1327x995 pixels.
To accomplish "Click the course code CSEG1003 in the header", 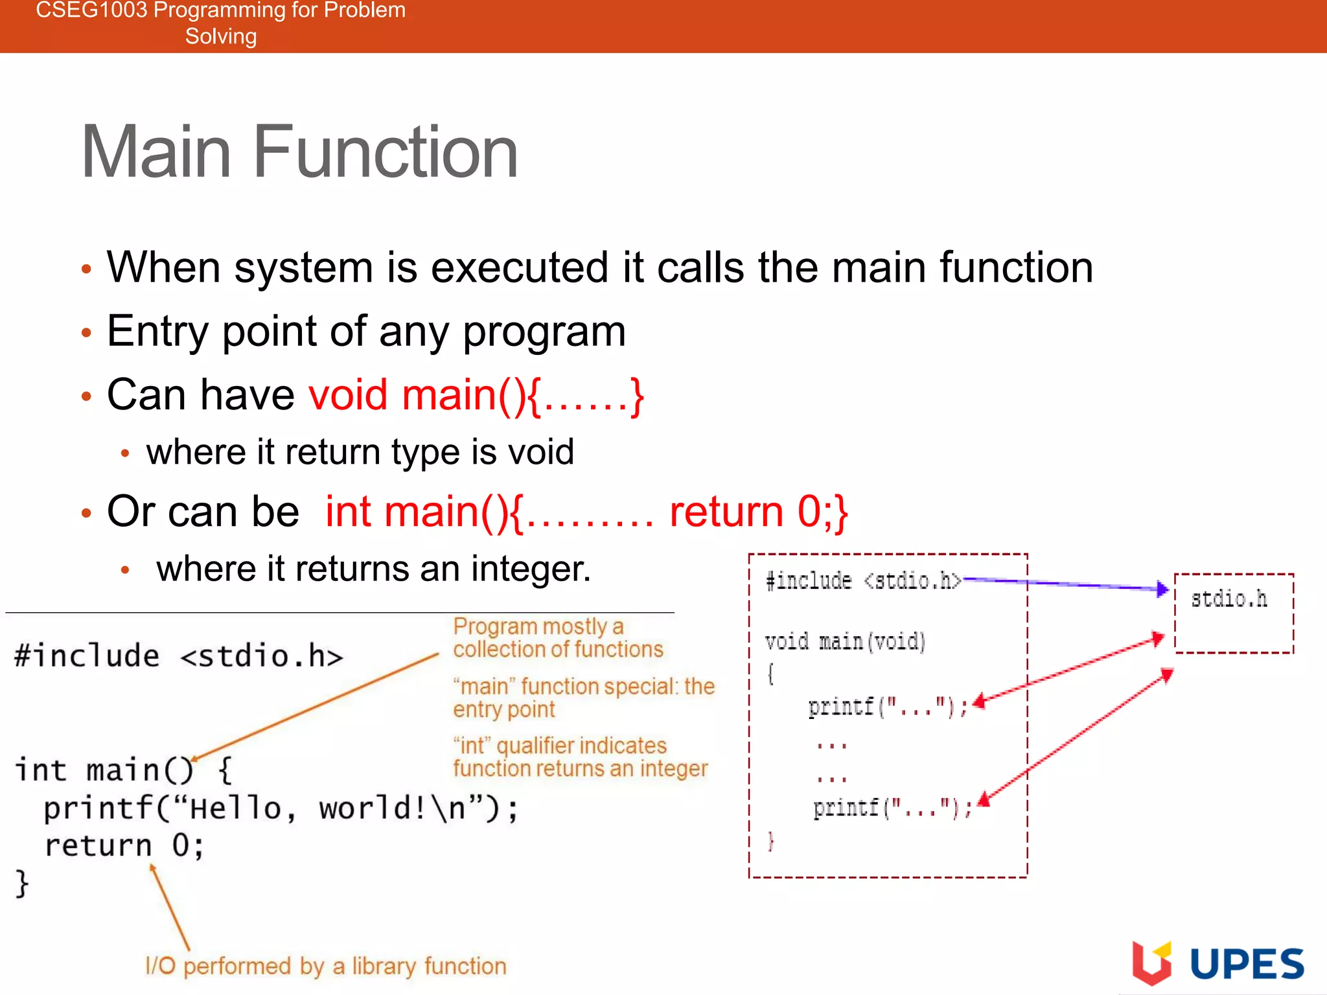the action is click(x=91, y=10).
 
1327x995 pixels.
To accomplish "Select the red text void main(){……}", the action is click(x=476, y=395).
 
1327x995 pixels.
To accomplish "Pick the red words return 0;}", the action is click(x=758, y=512).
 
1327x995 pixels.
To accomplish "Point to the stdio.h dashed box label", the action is click(x=1229, y=599).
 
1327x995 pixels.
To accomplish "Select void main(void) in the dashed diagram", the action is click(x=845, y=641).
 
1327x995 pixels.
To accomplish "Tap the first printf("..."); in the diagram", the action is click(x=888, y=706).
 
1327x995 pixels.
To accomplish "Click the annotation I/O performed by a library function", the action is click(x=326, y=966).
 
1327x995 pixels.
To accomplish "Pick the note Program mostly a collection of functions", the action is click(x=557, y=637).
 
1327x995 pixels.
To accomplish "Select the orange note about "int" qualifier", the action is click(x=580, y=757).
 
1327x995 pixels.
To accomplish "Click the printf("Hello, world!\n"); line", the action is click(x=281, y=808).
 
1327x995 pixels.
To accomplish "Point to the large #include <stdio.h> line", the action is click(x=178, y=656).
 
